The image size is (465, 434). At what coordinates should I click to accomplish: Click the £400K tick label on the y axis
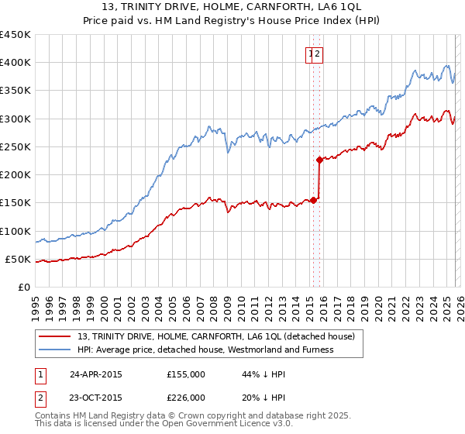(15, 63)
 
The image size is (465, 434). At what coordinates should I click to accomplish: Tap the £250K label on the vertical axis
(15, 146)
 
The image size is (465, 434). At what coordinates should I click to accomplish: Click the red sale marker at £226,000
(319, 160)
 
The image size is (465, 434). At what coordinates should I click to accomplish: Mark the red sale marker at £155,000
(313, 200)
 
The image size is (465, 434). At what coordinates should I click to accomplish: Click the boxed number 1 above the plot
(310, 54)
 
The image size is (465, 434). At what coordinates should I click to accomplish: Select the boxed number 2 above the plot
(319, 54)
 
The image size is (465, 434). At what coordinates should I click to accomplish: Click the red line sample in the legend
(56, 336)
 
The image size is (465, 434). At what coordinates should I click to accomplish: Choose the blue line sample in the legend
(56, 350)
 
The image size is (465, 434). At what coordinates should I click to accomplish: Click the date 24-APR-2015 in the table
(95, 374)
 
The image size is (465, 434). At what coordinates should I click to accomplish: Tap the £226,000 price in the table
(185, 396)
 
